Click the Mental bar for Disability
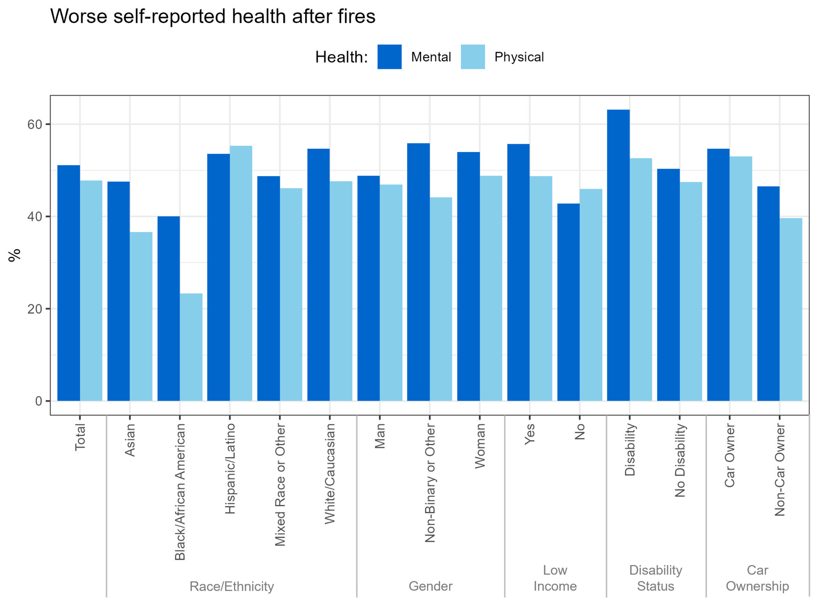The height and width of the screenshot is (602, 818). pyautogui.click(x=618, y=255)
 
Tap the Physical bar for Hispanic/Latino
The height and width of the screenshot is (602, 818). pyautogui.click(x=241, y=273)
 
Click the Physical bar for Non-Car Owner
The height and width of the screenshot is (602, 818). pyautogui.click(x=791, y=309)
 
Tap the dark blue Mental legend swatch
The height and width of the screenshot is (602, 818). pyautogui.click(x=389, y=57)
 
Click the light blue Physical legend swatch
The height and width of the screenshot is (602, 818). pyautogui.click(x=473, y=57)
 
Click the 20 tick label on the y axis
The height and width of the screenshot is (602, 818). pyautogui.click(x=35, y=309)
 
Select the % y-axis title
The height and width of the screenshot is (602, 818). pyautogui.click(x=15, y=255)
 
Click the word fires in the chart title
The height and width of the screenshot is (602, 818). pyautogui.click(x=356, y=17)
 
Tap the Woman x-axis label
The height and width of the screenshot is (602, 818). pyautogui.click(x=480, y=446)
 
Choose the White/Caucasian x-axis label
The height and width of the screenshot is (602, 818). pyautogui.click(x=329, y=474)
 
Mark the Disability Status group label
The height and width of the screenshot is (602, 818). pyautogui.click(x=655, y=578)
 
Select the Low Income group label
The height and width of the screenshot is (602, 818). pyautogui.click(x=555, y=578)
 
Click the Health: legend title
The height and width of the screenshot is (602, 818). pyautogui.click(x=341, y=57)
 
